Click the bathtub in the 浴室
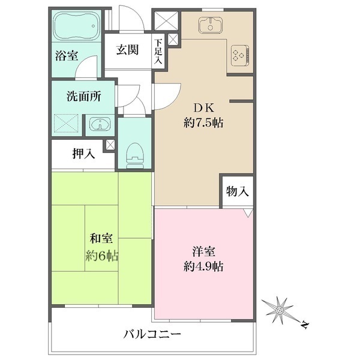[77, 26]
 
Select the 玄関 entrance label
[128, 50]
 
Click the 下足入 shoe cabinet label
[158, 52]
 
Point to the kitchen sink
[211, 26]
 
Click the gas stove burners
[239, 55]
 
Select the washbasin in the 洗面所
[98, 125]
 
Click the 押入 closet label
[83, 154]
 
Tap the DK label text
[203, 109]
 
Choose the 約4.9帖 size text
[204, 266]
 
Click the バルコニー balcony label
[152, 334]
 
